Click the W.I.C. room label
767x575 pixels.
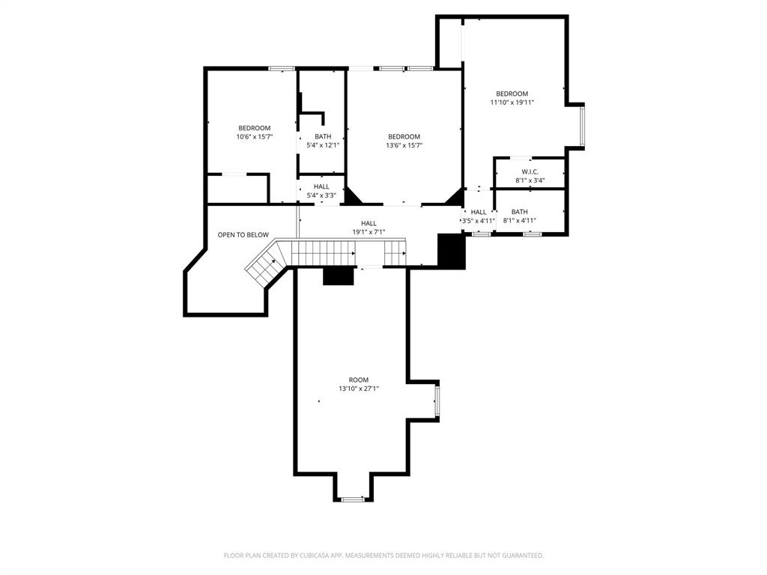(530, 171)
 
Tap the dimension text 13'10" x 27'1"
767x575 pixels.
(359, 389)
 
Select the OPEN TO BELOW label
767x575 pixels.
(243, 235)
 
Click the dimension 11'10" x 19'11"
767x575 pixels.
(512, 103)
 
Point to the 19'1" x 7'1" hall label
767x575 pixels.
(369, 232)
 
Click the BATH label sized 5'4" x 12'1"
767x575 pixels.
(323, 136)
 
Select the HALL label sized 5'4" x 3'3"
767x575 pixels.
(321, 186)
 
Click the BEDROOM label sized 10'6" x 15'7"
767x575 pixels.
(255, 128)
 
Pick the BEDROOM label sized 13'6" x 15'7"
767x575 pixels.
(404, 136)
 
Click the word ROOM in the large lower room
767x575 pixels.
(359, 380)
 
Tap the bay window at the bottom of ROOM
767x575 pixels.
(352, 498)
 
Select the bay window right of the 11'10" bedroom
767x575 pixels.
(582, 125)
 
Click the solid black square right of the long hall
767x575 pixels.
(452, 252)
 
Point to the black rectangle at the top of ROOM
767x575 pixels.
(339, 276)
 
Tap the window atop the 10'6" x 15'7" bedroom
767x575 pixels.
(282, 69)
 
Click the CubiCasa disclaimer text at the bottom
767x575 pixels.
(383, 556)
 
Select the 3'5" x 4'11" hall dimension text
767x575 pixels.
(479, 221)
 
